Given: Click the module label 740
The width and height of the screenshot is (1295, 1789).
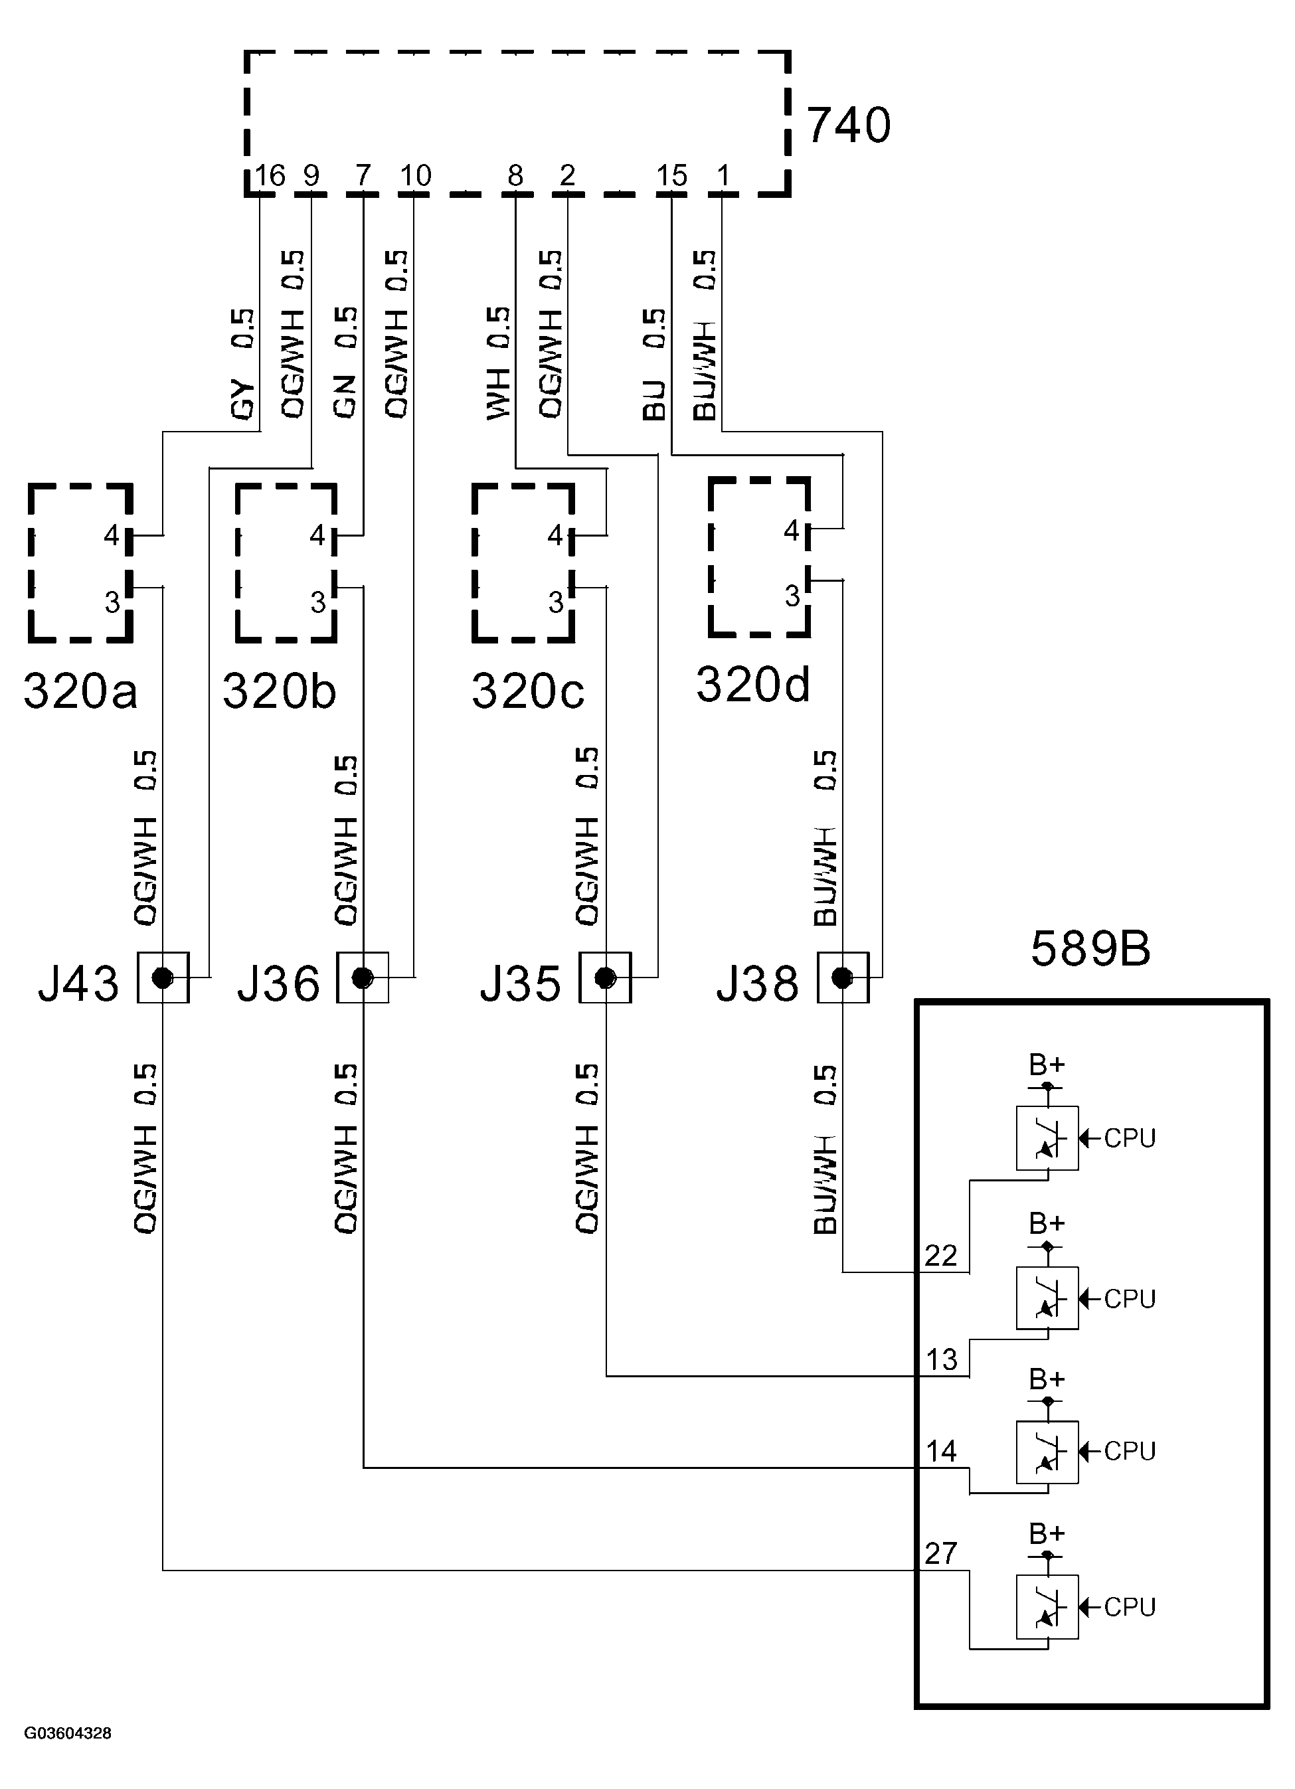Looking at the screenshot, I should pyautogui.click(x=849, y=126).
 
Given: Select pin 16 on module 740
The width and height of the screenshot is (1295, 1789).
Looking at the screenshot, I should pyautogui.click(x=269, y=175).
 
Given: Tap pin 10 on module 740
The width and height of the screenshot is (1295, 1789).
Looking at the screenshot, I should pyautogui.click(x=415, y=175).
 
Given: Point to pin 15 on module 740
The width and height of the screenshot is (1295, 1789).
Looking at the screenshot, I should pyautogui.click(x=671, y=175).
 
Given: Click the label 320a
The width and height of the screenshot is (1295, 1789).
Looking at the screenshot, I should pyautogui.click(x=80, y=691).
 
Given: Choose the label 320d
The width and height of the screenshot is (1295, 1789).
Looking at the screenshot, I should pyautogui.click(x=752, y=684).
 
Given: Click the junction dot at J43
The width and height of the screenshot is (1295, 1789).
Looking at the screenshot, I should pyautogui.click(x=163, y=978).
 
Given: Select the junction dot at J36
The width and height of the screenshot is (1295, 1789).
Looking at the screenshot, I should pyautogui.click(x=362, y=978).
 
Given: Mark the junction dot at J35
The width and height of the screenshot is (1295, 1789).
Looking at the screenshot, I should pyautogui.click(x=605, y=978).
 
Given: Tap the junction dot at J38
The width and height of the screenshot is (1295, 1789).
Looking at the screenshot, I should pyautogui.click(x=842, y=978).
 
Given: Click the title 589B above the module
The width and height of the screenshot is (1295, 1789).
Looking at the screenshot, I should pyautogui.click(x=1090, y=948).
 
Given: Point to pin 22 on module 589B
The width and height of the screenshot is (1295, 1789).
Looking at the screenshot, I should pyautogui.click(x=940, y=1255).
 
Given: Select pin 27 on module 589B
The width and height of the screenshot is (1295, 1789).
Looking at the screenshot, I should pyautogui.click(x=940, y=1553).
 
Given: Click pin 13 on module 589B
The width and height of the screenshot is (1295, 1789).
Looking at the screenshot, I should pyautogui.click(x=941, y=1359).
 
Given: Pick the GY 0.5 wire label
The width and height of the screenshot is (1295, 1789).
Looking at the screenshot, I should pyautogui.click(x=244, y=363).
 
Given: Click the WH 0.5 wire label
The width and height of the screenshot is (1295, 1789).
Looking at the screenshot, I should pyautogui.click(x=499, y=363).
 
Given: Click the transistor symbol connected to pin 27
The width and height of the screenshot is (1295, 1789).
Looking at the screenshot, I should pyautogui.click(x=1047, y=1607).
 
